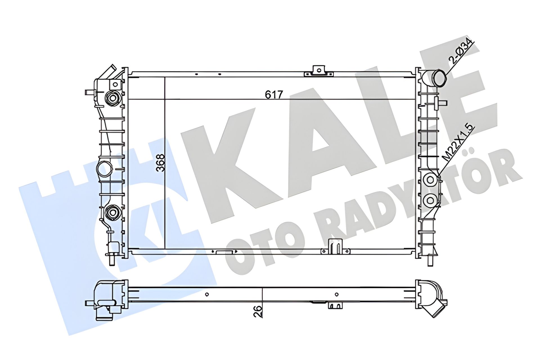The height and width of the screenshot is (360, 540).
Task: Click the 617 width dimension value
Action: [274, 95]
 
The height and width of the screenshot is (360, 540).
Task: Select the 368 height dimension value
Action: [161, 163]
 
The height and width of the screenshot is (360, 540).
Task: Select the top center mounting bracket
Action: [319, 71]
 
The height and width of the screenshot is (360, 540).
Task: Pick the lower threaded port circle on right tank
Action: [430, 200]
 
